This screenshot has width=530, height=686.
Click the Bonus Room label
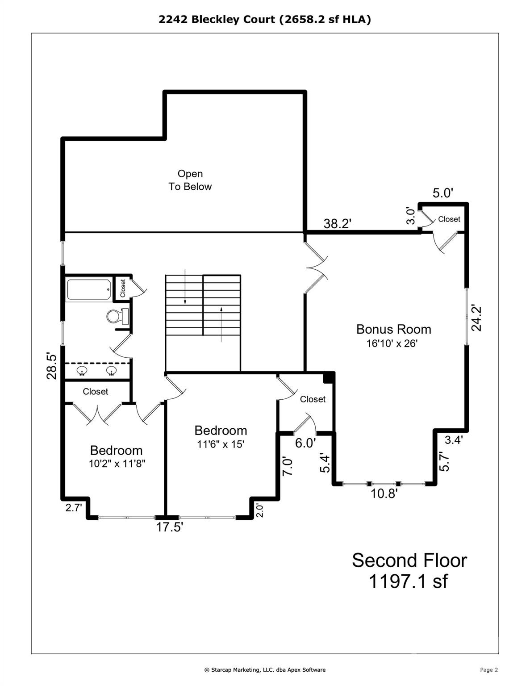pos(393,329)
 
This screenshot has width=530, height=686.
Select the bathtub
pos(89,289)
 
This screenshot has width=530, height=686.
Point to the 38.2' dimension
pos(337,223)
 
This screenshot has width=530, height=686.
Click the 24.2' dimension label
pos(476,318)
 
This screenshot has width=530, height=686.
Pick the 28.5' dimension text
pos(52,366)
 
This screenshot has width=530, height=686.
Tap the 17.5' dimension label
pos(170,527)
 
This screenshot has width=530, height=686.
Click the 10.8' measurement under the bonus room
pos(384,493)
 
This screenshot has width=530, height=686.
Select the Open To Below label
pos(190,180)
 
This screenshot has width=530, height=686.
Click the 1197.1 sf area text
pos(408,581)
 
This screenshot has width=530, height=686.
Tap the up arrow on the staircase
pos(221,324)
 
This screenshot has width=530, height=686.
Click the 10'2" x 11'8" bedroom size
pos(117,464)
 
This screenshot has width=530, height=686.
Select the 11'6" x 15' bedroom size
pos(221,444)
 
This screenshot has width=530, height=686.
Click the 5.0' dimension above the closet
pos(443,193)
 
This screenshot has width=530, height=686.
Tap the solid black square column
pos(329,377)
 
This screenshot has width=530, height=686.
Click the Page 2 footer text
pos(488,669)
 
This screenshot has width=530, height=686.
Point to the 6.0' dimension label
pos(305,443)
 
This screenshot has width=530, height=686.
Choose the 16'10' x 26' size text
pos(392,343)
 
